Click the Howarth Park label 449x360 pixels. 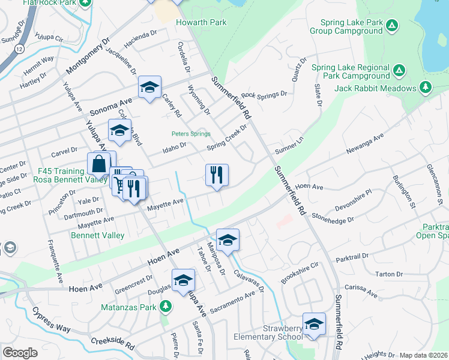[200, 22]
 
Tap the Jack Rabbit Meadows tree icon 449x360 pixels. [426, 88]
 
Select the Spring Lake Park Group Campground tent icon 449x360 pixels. [391, 26]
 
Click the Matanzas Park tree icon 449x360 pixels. [166, 307]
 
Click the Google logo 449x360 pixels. [20, 353]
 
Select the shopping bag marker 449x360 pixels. [98, 164]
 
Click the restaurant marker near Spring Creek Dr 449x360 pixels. [217, 175]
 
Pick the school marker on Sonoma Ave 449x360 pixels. [149, 88]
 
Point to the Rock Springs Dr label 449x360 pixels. [264, 95]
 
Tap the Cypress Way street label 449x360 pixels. [51, 318]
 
